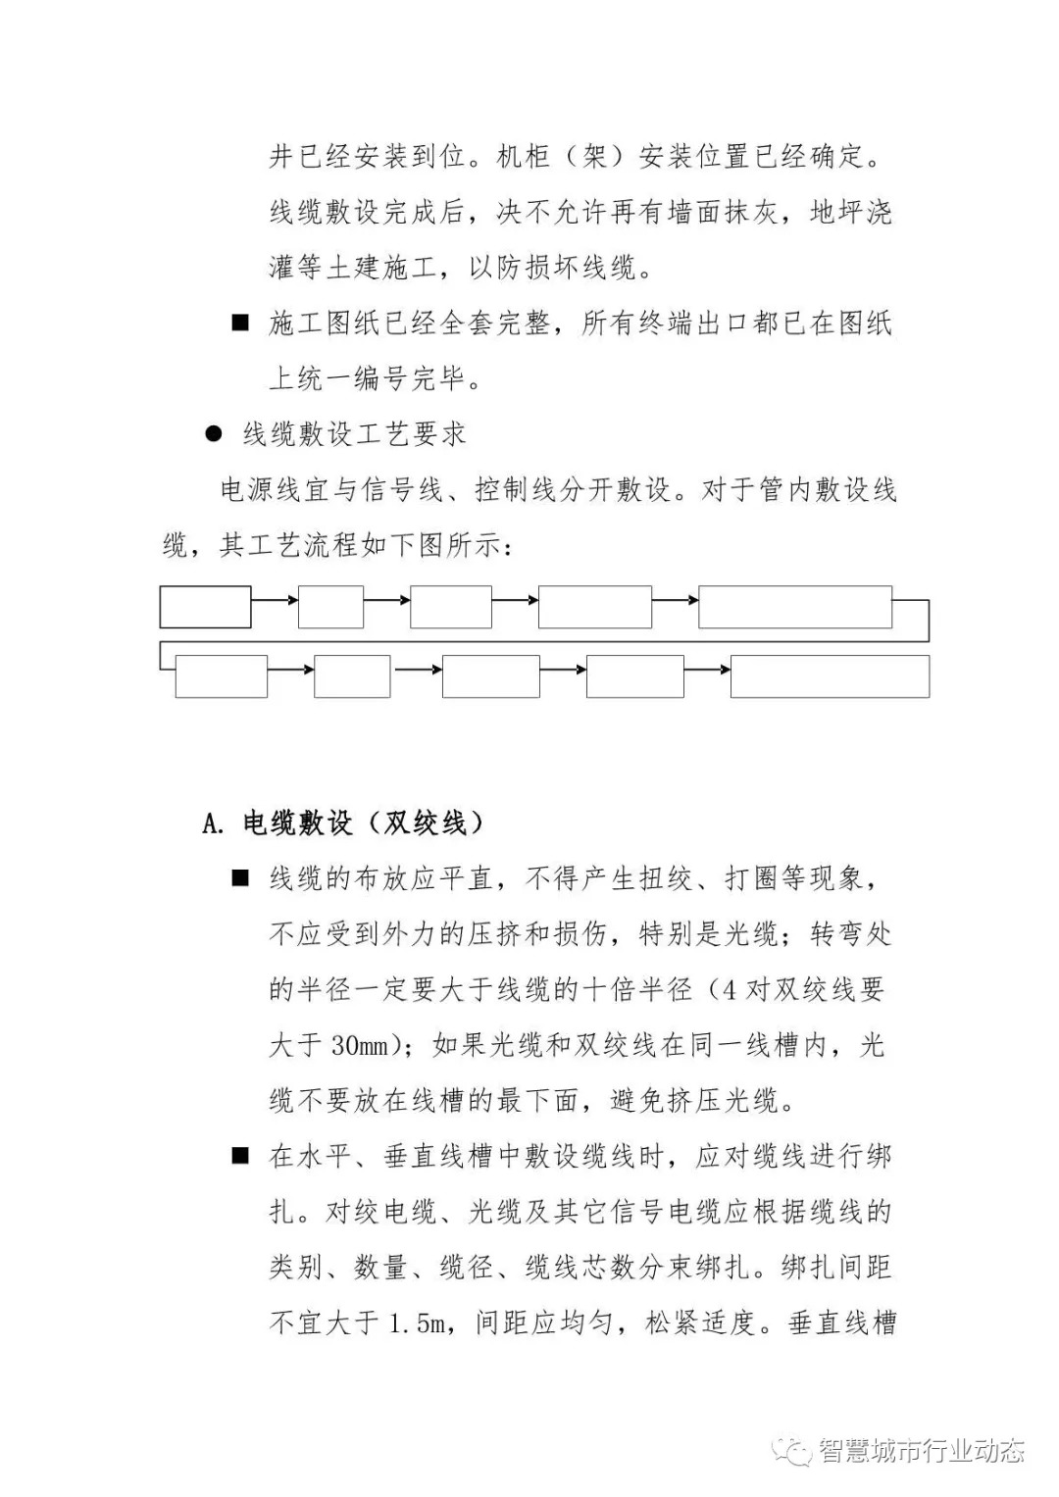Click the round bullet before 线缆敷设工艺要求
(214, 433)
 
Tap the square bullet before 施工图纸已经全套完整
(240, 323)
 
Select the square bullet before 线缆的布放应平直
(240, 877)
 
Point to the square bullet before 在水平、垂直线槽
(240, 1156)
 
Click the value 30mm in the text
(360, 1046)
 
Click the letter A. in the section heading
(214, 823)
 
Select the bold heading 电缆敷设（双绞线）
(364, 823)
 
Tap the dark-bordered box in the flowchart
(205, 607)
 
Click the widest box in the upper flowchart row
(794, 607)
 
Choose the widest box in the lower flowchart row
(830, 676)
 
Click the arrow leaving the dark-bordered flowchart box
(275, 599)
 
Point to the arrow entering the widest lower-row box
(707, 670)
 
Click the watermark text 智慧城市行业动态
(922, 1451)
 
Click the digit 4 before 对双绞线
(729, 990)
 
